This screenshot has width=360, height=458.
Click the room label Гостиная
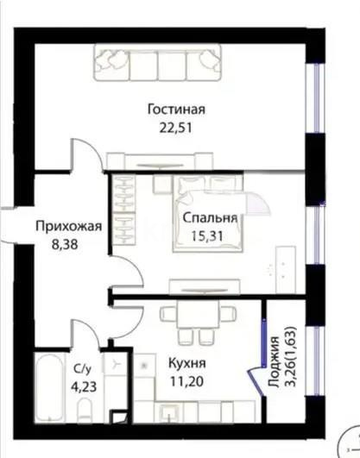(x=175, y=109)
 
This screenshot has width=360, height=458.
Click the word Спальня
(x=210, y=219)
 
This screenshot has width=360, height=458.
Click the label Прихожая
(x=68, y=227)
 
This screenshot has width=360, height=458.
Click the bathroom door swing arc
(x=84, y=332)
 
